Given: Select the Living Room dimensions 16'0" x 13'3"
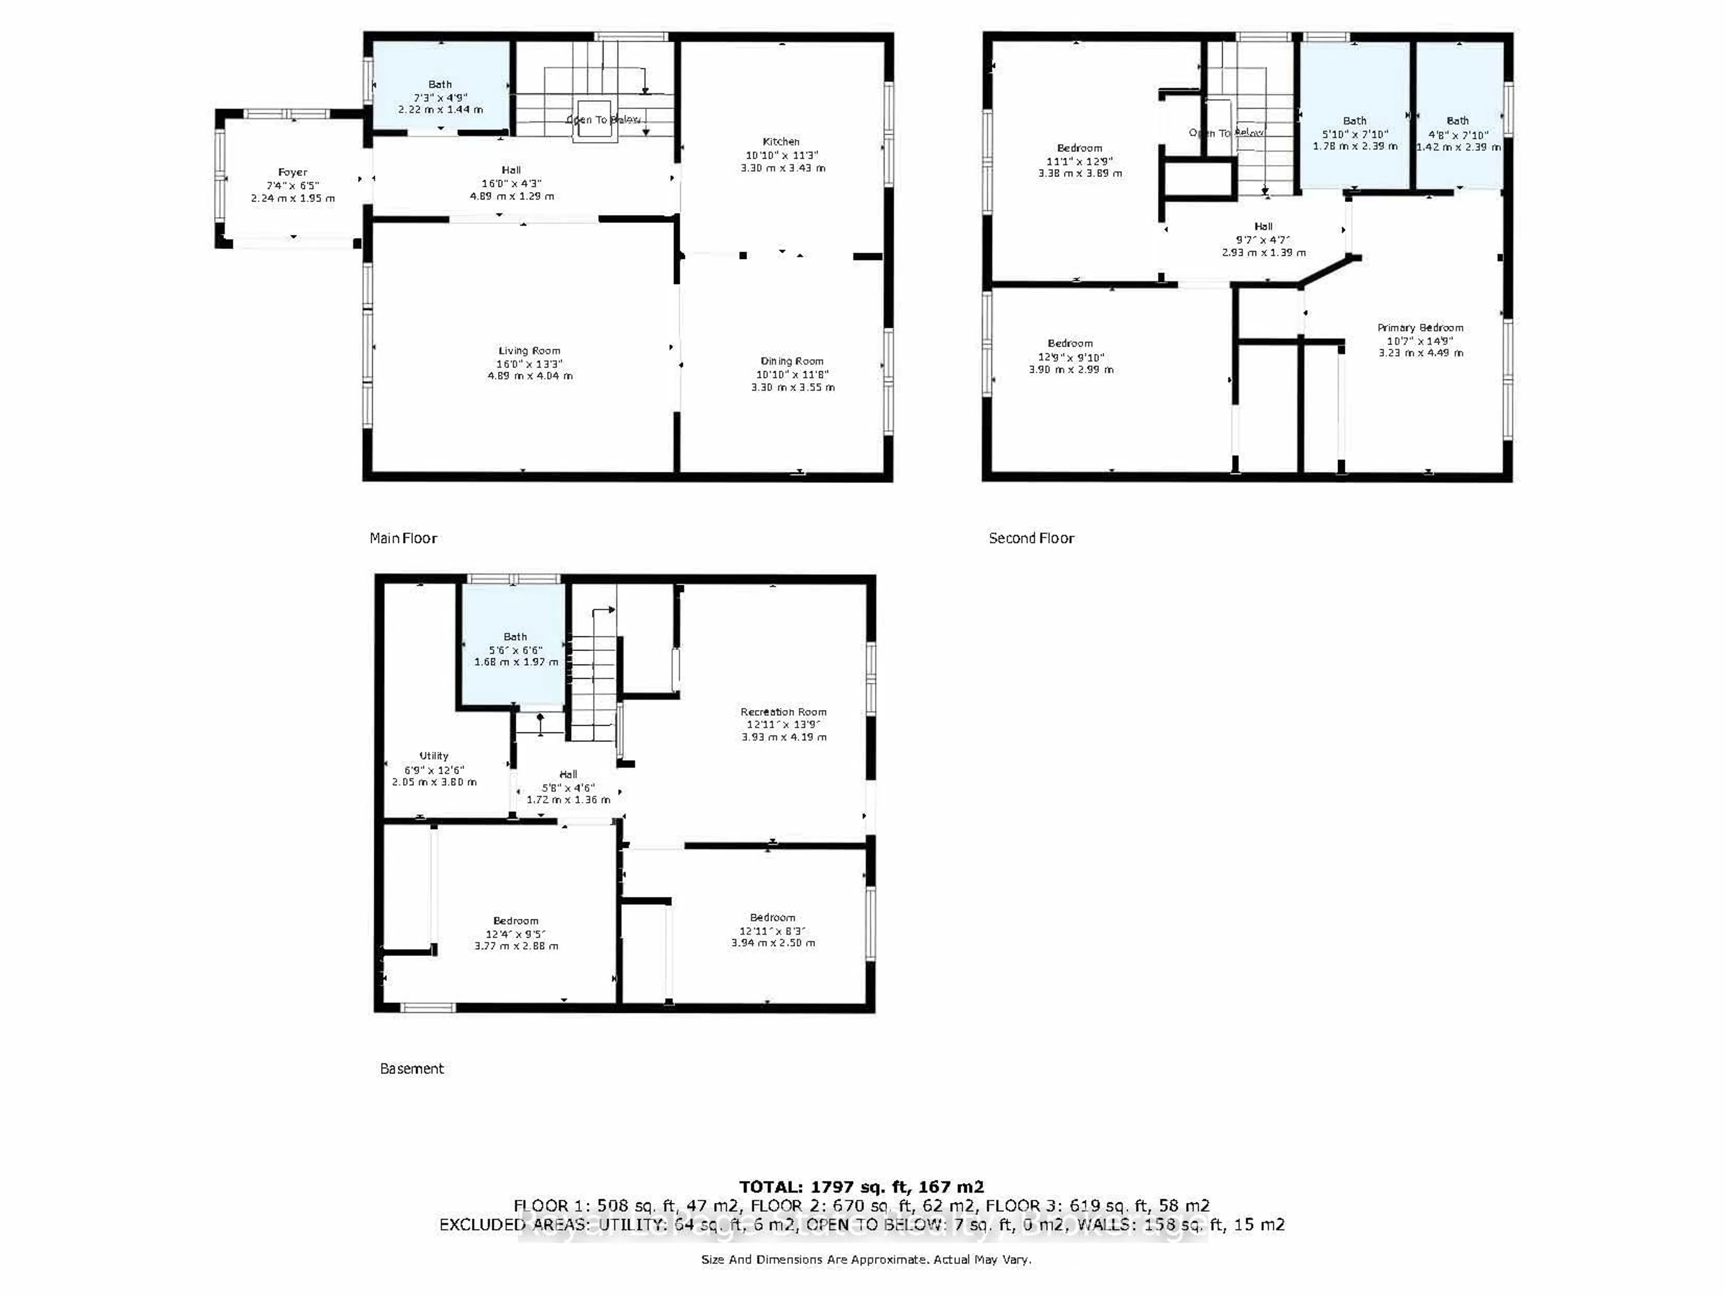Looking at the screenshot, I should click(x=529, y=364).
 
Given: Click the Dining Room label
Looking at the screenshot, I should click(x=792, y=361).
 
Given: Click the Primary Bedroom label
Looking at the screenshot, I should click(x=1419, y=328).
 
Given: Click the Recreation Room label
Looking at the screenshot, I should click(x=783, y=712).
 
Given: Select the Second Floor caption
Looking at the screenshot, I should click(x=1031, y=538).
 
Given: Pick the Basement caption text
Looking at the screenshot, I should click(x=411, y=1069).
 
